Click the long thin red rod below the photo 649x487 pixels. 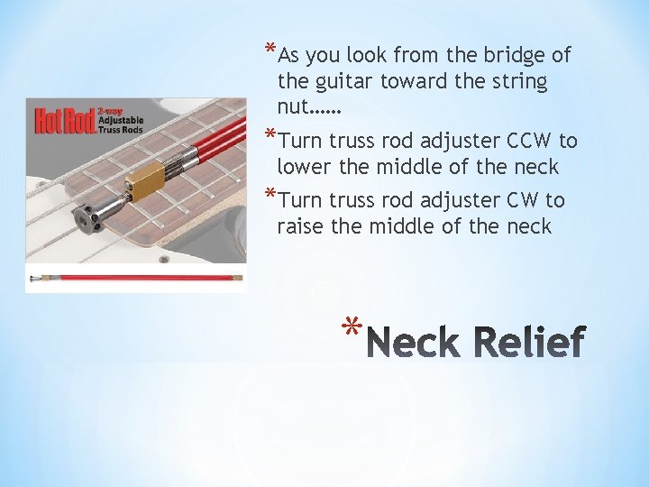click(135, 278)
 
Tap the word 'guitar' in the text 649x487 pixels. click(343, 82)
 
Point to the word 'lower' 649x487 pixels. click(306, 168)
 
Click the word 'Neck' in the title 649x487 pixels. click(414, 343)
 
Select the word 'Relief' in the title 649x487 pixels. click(527, 343)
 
